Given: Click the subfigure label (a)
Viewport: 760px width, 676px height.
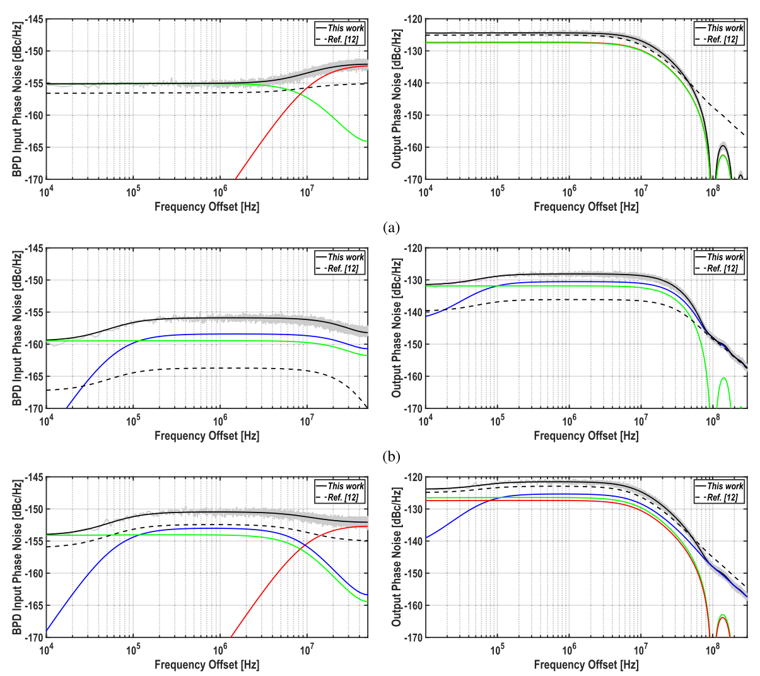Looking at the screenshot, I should tap(391, 228).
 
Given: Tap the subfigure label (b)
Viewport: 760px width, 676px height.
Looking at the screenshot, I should tap(391, 457).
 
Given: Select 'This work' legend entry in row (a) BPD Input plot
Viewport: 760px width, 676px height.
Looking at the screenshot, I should tap(345, 28).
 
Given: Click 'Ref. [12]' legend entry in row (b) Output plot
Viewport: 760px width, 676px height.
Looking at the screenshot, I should tap(723, 268).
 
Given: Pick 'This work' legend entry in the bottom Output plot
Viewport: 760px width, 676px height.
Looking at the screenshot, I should tap(725, 486).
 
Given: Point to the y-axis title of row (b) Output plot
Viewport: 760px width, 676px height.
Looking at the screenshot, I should tap(397, 328).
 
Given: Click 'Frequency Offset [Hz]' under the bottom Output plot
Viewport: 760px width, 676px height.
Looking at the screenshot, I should tap(586, 665).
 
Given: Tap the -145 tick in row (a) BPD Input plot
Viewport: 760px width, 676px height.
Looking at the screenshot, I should tap(33, 20).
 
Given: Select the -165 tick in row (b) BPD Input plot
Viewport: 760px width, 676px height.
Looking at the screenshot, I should tap(33, 376).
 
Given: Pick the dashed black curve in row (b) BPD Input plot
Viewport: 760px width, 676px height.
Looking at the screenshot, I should tap(189, 369).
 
